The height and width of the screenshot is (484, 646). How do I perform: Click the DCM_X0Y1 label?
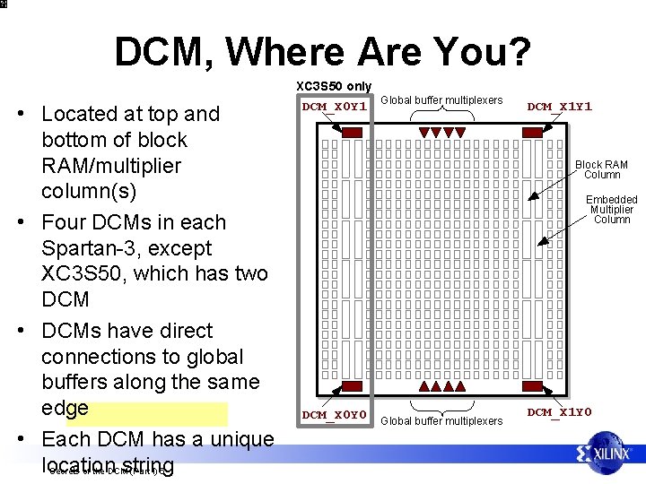335,107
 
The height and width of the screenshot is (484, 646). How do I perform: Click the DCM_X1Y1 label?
560,107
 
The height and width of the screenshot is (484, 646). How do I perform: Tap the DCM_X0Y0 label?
335,415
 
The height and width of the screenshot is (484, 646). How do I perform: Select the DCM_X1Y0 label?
560,412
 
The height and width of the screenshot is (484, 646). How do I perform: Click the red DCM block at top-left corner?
353,133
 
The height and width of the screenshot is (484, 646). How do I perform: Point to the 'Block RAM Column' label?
601,169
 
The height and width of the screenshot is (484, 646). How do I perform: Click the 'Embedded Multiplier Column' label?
612,210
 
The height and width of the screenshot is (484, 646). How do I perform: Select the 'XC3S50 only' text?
334,86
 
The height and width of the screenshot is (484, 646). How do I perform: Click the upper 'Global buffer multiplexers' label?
442,99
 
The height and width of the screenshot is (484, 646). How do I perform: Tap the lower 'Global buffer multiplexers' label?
442,420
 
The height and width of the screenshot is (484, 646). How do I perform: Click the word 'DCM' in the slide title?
159,53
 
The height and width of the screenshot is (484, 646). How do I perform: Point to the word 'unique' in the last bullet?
239,439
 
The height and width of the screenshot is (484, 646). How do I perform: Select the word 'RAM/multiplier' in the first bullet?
111,166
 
